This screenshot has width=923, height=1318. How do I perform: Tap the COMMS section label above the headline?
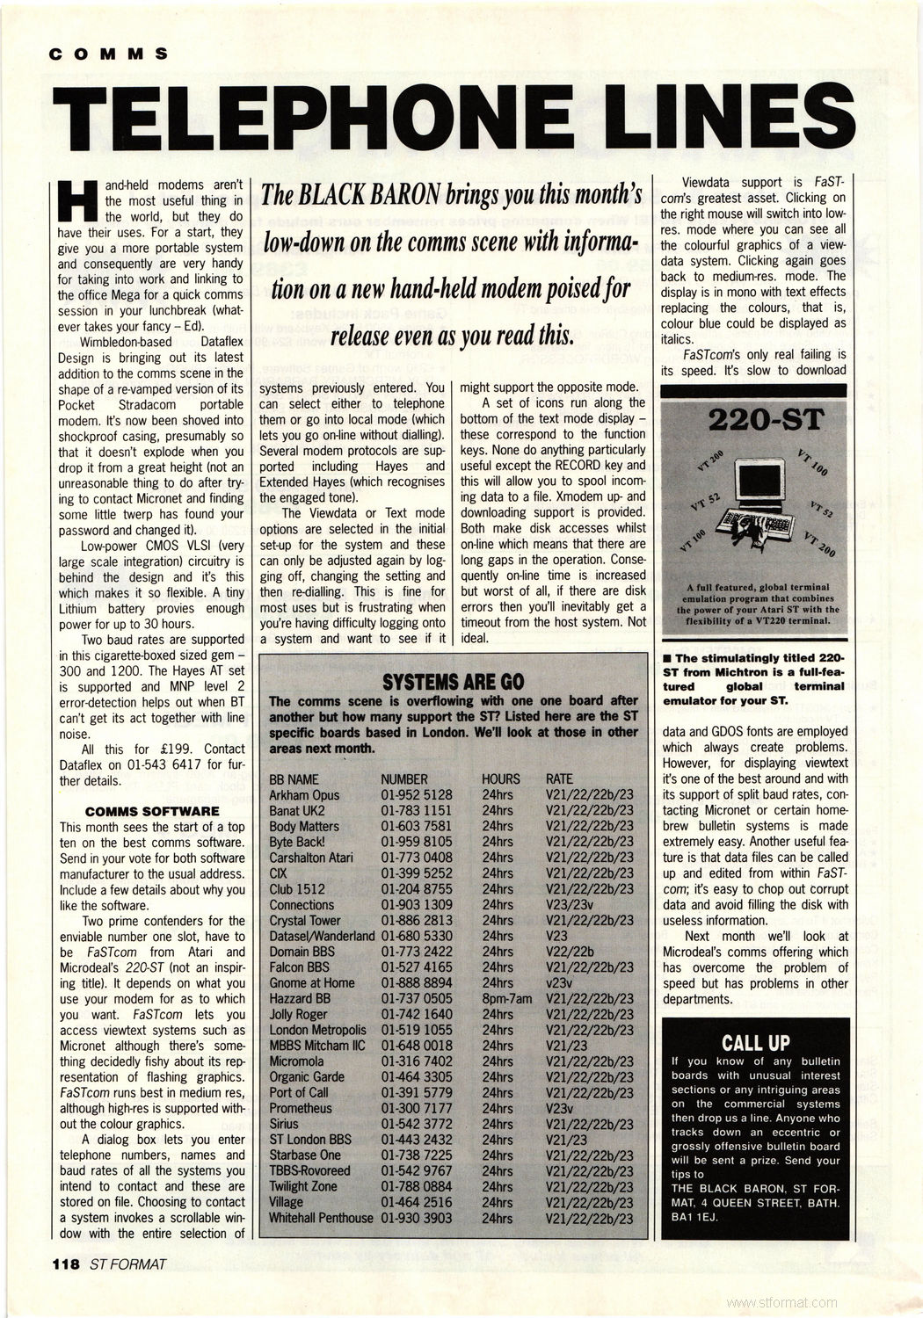(109, 53)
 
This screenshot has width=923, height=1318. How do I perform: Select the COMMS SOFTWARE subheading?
(151, 811)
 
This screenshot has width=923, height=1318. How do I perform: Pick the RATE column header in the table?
(559, 779)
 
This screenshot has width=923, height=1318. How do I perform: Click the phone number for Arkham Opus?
(416, 795)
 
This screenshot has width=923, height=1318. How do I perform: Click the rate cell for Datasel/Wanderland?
(556, 936)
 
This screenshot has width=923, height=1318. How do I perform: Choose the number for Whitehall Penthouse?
(416, 1218)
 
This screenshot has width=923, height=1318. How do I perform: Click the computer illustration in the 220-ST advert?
(758, 502)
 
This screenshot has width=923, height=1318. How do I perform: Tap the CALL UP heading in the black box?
(755, 1043)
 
